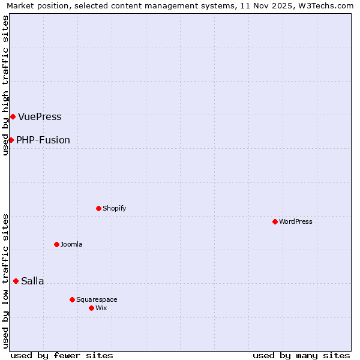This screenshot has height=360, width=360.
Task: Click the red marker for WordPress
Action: (275, 221)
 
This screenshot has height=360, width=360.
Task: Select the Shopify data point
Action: (98, 208)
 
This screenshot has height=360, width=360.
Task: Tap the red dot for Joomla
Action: (56, 244)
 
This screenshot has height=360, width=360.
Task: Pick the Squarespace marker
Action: (72, 299)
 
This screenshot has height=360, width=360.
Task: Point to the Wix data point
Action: (91, 308)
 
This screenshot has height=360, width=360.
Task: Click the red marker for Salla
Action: (16, 281)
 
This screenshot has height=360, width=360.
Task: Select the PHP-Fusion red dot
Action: (11, 140)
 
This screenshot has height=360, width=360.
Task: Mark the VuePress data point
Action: (13, 116)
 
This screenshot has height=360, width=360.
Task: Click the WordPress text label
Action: (296, 221)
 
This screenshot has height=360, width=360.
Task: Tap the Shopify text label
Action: (114, 208)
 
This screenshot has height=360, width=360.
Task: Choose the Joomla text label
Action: (71, 244)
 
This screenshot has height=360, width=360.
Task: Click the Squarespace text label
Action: (97, 299)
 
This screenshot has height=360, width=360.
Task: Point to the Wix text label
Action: (101, 308)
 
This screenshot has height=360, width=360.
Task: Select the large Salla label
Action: (32, 281)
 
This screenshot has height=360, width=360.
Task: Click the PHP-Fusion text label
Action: (43, 140)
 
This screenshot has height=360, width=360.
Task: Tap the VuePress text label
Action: (40, 116)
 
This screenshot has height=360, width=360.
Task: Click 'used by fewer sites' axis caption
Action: (62, 355)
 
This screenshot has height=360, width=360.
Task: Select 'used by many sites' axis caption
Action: (301, 355)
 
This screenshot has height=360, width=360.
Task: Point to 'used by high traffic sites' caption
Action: (5, 85)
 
